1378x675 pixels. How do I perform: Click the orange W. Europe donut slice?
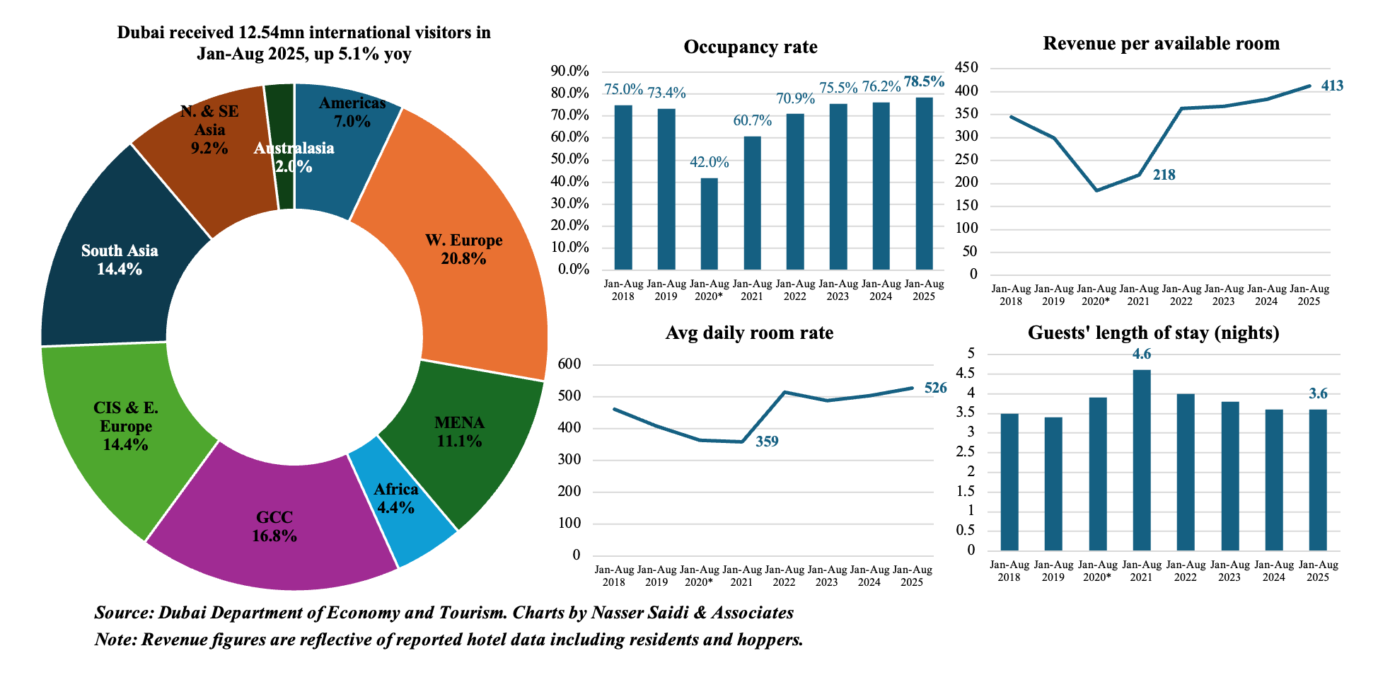(488, 212)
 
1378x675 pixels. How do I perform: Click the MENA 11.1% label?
(459, 432)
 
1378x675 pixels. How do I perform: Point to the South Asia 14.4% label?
(120, 260)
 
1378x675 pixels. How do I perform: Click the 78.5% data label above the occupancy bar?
(924, 82)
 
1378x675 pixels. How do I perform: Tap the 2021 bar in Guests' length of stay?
(1142, 460)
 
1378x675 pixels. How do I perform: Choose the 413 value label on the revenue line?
(1332, 86)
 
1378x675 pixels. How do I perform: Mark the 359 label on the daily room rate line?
(767, 442)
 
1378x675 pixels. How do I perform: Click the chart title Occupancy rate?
(751, 47)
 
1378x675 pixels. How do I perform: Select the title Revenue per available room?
(1161, 44)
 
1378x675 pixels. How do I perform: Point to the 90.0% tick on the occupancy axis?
(569, 71)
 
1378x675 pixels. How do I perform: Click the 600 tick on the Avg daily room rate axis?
(569, 364)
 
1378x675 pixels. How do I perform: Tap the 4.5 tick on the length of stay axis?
(966, 374)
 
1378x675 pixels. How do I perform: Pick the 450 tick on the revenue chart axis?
(966, 68)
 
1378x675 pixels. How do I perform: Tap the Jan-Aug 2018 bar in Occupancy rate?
(623, 187)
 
